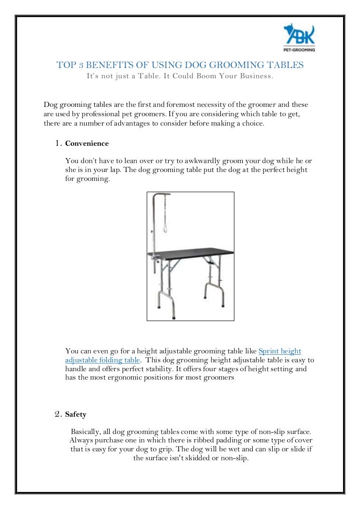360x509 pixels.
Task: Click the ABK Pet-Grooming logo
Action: (x=299, y=37)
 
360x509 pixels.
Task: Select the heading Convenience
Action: (x=87, y=143)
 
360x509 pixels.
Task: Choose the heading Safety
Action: (x=75, y=414)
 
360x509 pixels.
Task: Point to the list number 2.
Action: (x=58, y=414)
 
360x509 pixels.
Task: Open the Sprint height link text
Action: (x=279, y=351)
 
